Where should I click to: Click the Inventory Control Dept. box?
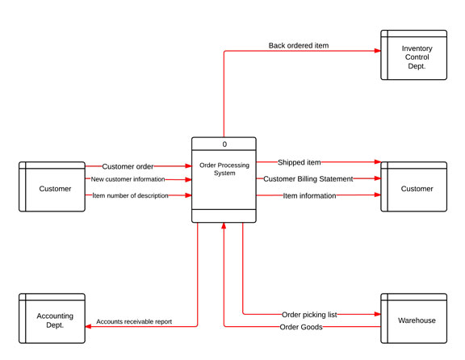[413, 55]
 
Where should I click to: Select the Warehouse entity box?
[413, 318]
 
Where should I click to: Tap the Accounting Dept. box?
[52, 318]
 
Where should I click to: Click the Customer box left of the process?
[52, 186]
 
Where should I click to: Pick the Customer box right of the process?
[413, 186]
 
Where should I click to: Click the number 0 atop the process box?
[224, 144]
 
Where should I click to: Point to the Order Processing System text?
[224, 169]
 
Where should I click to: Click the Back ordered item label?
[299, 45]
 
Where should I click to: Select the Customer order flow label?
[128, 166]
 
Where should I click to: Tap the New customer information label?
[128, 179]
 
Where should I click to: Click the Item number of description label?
[130, 195]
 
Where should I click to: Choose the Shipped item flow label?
[300, 162]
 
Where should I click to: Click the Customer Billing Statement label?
[308, 179]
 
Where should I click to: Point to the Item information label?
[309, 195]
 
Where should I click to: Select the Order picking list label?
[309, 315]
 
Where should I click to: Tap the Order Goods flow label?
[301, 327]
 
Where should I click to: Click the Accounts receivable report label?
[134, 321]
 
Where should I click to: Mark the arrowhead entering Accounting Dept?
[88, 326]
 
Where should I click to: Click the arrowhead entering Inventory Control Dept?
[378, 51]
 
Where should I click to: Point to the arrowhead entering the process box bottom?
[224, 226]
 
